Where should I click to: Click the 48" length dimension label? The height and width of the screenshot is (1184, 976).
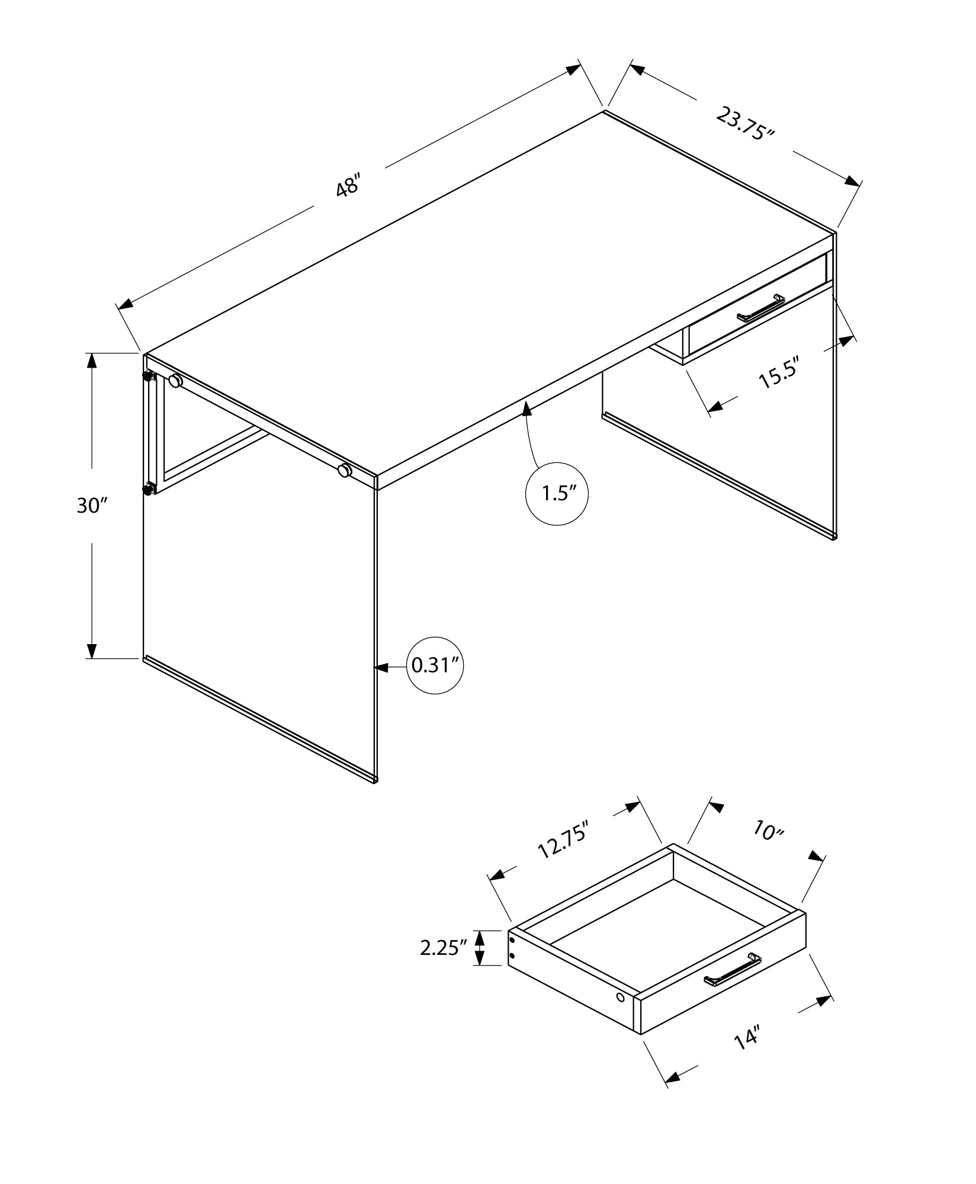(348, 186)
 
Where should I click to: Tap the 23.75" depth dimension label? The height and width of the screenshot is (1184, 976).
(745, 124)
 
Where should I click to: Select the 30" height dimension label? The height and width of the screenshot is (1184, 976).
(92, 505)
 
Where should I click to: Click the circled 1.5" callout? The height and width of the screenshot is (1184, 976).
(557, 493)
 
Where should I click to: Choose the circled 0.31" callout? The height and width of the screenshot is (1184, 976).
(435, 665)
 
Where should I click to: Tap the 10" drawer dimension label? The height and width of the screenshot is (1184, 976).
(769, 831)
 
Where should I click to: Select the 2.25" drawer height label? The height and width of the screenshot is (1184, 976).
(439, 948)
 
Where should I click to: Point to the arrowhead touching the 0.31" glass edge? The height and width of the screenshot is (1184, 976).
(383, 667)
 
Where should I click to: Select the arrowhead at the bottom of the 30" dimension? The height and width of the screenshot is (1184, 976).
(91, 650)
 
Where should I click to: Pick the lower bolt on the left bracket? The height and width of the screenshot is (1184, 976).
(147, 489)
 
